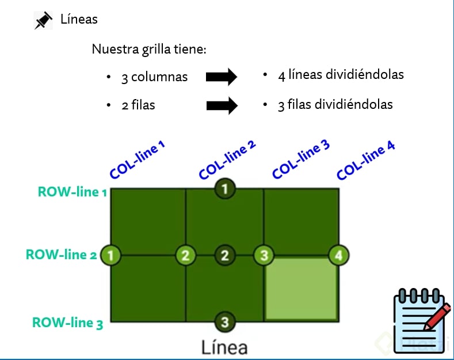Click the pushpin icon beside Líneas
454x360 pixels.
[x=43, y=21]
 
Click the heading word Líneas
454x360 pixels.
[x=79, y=19]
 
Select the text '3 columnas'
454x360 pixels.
[x=154, y=77]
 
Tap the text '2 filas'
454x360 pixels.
[x=138, y=105]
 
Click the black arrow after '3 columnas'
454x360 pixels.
[x=222, y=76]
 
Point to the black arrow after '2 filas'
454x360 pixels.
[x=222, y=105]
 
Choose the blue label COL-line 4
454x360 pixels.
[x=366, y=161]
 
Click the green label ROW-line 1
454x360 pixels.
[x=73, y=192]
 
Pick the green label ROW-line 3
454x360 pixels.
[x=67, y=323]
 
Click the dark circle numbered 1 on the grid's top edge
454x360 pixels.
[x=225, y=188]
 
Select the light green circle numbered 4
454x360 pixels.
[x=338, y=255]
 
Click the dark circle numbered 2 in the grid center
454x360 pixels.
[x=225, y=255]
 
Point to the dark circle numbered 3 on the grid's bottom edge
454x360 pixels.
[x=225, y=322]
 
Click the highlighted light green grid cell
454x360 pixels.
[x=300, y=289]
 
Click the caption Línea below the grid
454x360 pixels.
[x=224, y=347]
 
